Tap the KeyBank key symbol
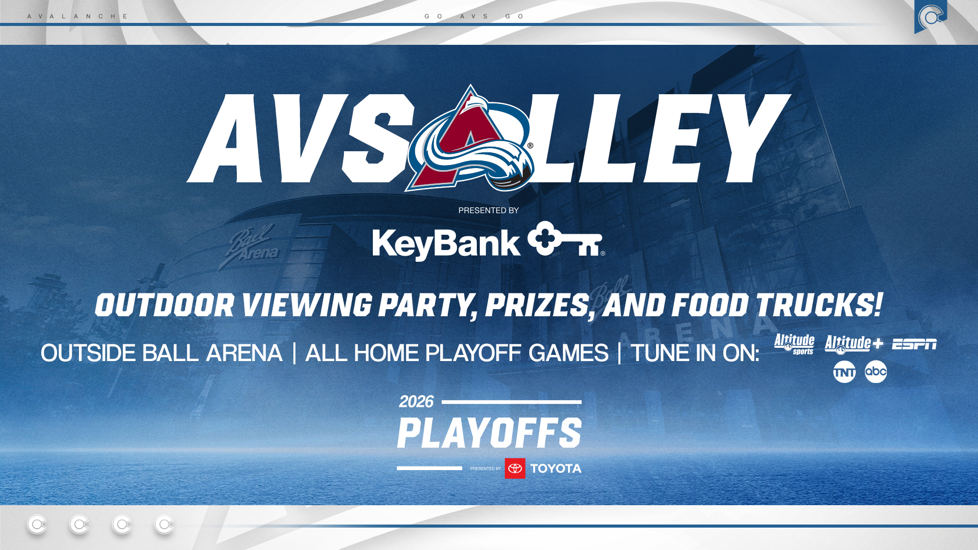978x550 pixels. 565,239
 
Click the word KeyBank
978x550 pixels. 446,244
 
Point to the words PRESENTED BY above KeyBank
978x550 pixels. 488,210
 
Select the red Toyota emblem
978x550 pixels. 515,469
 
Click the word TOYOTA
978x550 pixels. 556,469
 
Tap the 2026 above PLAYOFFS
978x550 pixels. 416,402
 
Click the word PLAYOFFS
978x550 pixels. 489,433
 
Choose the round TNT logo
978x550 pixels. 844,372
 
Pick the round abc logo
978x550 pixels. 876,372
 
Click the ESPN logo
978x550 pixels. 914,345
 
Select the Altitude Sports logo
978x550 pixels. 794,344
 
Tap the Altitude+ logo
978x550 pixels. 853,345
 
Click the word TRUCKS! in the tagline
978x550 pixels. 819,306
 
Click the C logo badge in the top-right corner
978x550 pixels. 930,17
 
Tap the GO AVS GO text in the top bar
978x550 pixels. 474,16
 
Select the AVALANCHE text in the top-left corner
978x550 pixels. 77,16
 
